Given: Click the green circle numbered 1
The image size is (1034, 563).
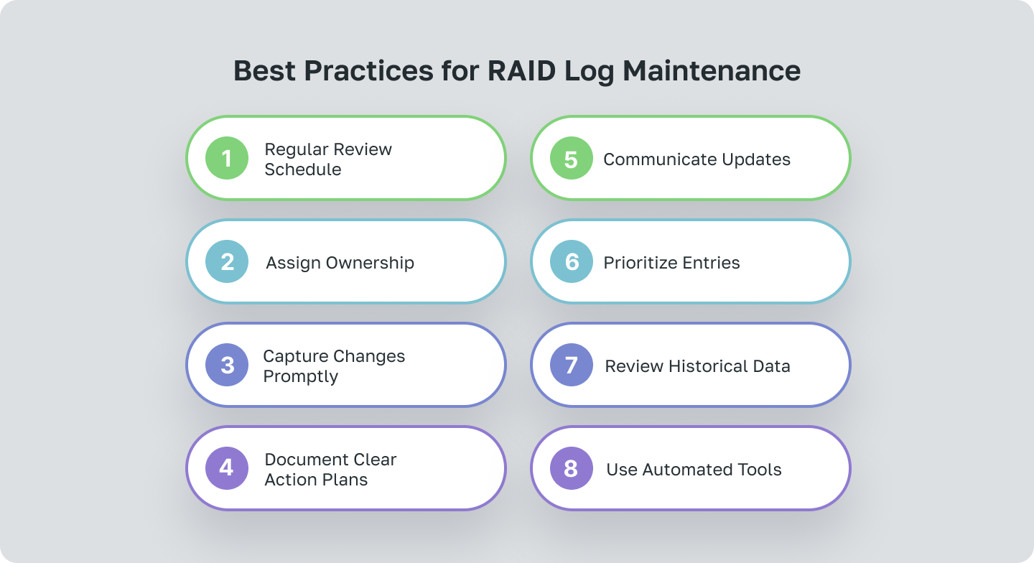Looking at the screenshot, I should click(x=227, y=158).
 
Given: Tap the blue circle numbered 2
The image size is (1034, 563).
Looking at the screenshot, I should click(x=227, y=261).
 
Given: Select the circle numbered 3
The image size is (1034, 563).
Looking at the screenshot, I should click(x=227, y=365).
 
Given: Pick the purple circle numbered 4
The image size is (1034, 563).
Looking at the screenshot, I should click(x=227, y=468).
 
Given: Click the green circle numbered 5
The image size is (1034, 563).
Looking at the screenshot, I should click(x=572, y=158).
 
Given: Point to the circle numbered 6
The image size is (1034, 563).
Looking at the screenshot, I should click(x=572, y=261).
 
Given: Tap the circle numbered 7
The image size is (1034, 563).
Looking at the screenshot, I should click(x=572, y=365).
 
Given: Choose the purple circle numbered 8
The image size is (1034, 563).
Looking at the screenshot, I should click(x=572, y=468).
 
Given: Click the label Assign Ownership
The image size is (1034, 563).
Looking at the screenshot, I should click(x=340, y=263).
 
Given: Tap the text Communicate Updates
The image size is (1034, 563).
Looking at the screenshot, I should click(x=697, y=159).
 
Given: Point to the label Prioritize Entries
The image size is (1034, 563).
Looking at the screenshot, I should click(x=671, y=263).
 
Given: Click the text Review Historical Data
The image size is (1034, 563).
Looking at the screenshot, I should click(x=697, y=366).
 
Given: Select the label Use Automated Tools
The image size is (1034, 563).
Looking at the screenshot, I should click(x=694, y=470).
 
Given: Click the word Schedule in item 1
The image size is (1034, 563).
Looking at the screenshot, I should click(x=302, y=169).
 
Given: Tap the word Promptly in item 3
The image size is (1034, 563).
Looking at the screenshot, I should click(x=300, y=376).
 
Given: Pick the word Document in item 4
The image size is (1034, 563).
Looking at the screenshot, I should click(x=305, y=460).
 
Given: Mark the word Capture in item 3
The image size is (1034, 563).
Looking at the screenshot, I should click(x=295, y=356).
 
